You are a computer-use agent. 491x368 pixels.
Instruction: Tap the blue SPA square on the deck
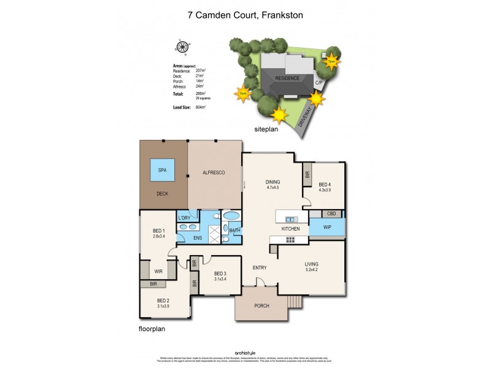click(163, 170)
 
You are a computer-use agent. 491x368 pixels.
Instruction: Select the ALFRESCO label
click(214, 174)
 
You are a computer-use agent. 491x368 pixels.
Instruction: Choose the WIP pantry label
click(327, 226)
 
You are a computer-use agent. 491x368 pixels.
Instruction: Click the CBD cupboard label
click(331, 213)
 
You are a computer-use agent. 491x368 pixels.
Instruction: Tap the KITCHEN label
click(290, 229)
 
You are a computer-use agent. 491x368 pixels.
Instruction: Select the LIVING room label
click(312, 265)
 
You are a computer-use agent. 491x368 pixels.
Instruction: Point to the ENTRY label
click(260, 268)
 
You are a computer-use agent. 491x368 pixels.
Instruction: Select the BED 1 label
click(159, 231)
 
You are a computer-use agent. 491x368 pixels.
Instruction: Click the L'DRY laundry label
click(184, 218)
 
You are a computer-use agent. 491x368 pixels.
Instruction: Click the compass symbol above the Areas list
click(182, 47)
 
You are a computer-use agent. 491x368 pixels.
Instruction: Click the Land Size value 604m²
click(200, 107)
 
